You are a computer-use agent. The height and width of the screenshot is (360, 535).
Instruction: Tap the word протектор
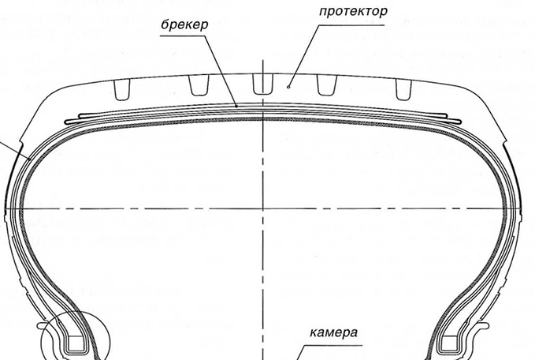pyautogui.click(x=354, y=13)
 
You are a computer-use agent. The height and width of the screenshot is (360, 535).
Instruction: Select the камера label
pyautogui.click(x=333, y=332)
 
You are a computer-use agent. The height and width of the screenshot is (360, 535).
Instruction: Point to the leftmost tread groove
pyautogui.click(x=121, y=89)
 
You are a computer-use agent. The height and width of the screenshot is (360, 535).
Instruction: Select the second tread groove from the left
pyautogui.click(x=194, y=86)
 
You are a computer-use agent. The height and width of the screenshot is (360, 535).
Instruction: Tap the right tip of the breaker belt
pyautogui.click(x=457, y=119)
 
